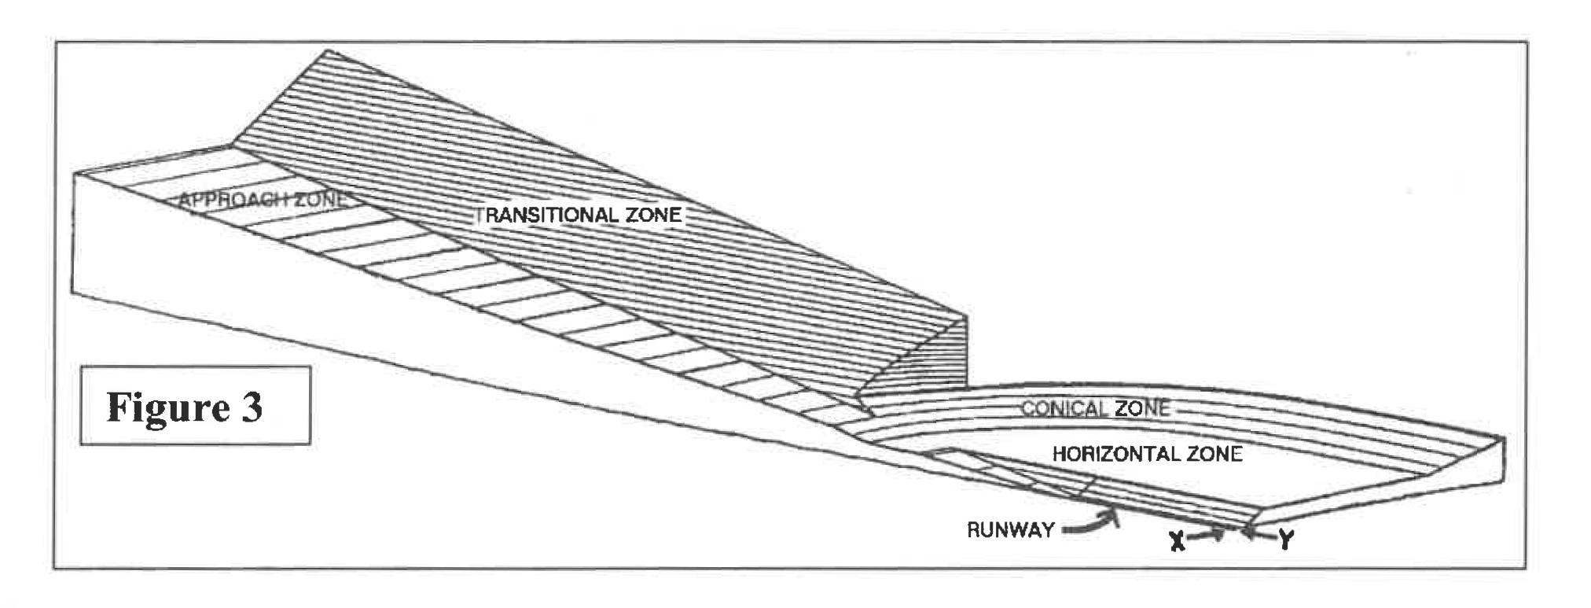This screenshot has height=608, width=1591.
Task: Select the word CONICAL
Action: coord(1061,408)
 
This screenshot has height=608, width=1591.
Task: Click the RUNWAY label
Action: coord(1010,529)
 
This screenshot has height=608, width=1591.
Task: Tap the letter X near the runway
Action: coord(1177,540)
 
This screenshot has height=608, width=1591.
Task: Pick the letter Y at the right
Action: coord(1285,540)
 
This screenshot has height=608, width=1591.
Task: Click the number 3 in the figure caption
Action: coord(252,407)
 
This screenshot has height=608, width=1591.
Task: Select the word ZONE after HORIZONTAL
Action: coord(1215,454)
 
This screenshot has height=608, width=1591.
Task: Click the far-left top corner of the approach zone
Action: coord(74,173)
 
